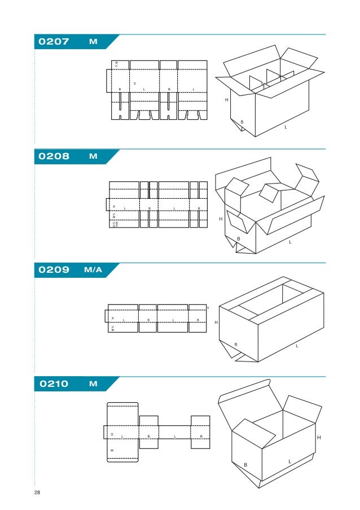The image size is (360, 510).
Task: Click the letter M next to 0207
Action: (x=93, y=42)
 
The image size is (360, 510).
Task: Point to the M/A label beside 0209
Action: (x=93, y=270)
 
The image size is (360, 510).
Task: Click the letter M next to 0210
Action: (x=93, y=385)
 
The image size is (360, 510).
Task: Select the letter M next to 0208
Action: (x=93, y=156)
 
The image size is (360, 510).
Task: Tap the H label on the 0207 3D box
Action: (x=226, y=100)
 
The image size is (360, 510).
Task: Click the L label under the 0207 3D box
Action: (x=286, y=127)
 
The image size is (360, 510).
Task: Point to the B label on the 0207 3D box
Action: (x=242, y=122)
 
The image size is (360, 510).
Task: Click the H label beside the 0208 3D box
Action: (x=221, y=219)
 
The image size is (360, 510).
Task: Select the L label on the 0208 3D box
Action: (x=290, y=242)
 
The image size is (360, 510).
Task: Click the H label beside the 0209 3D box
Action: (x=216, y=322)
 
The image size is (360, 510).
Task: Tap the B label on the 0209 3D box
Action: (x=236, y=344)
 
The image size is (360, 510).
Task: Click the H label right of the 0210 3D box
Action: (x=319, y=438)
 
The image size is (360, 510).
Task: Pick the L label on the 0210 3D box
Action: (x=289, y=461)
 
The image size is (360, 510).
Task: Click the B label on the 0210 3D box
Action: (x=245, y=465)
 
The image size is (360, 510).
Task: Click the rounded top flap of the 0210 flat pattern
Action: (x=122, y=413)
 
